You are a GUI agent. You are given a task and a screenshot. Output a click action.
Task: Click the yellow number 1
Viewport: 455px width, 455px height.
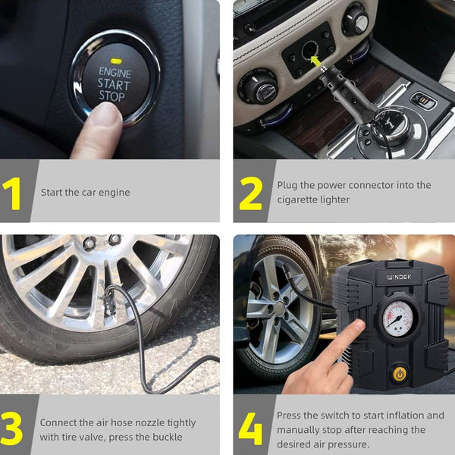coord(12,193)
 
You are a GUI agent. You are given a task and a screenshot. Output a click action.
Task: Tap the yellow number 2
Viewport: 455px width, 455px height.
coord(251,193)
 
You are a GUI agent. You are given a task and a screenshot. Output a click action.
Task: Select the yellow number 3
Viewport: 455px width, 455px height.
coord(11,428)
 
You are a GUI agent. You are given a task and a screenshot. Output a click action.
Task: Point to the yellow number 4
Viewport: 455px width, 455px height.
coord(250,428)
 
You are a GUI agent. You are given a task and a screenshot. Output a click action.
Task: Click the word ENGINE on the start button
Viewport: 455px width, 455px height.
coord(115,72)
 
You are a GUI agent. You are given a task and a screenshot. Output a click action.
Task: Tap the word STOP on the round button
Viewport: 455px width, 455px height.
coord(112,96)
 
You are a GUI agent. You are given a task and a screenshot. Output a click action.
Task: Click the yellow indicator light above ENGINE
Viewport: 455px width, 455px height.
coord(116,61)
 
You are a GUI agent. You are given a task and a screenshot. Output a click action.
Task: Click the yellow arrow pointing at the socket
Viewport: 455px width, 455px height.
coord(316,61)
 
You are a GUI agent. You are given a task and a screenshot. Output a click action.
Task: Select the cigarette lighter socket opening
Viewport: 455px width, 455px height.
coord(309,50)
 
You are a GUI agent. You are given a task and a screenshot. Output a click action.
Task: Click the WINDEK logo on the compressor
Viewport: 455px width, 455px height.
coord(400,277)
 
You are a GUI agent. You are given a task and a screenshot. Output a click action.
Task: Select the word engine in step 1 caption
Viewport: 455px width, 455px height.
coord(114,193)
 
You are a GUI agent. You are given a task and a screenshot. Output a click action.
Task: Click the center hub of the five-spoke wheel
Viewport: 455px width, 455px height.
coord(278,309)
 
